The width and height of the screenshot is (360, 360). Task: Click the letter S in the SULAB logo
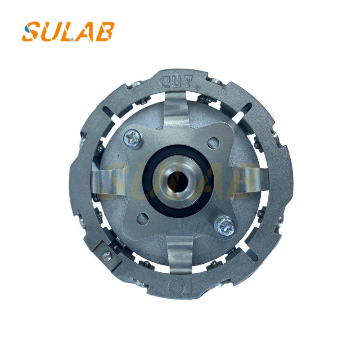pyautogui.click(x=32, y=32)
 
